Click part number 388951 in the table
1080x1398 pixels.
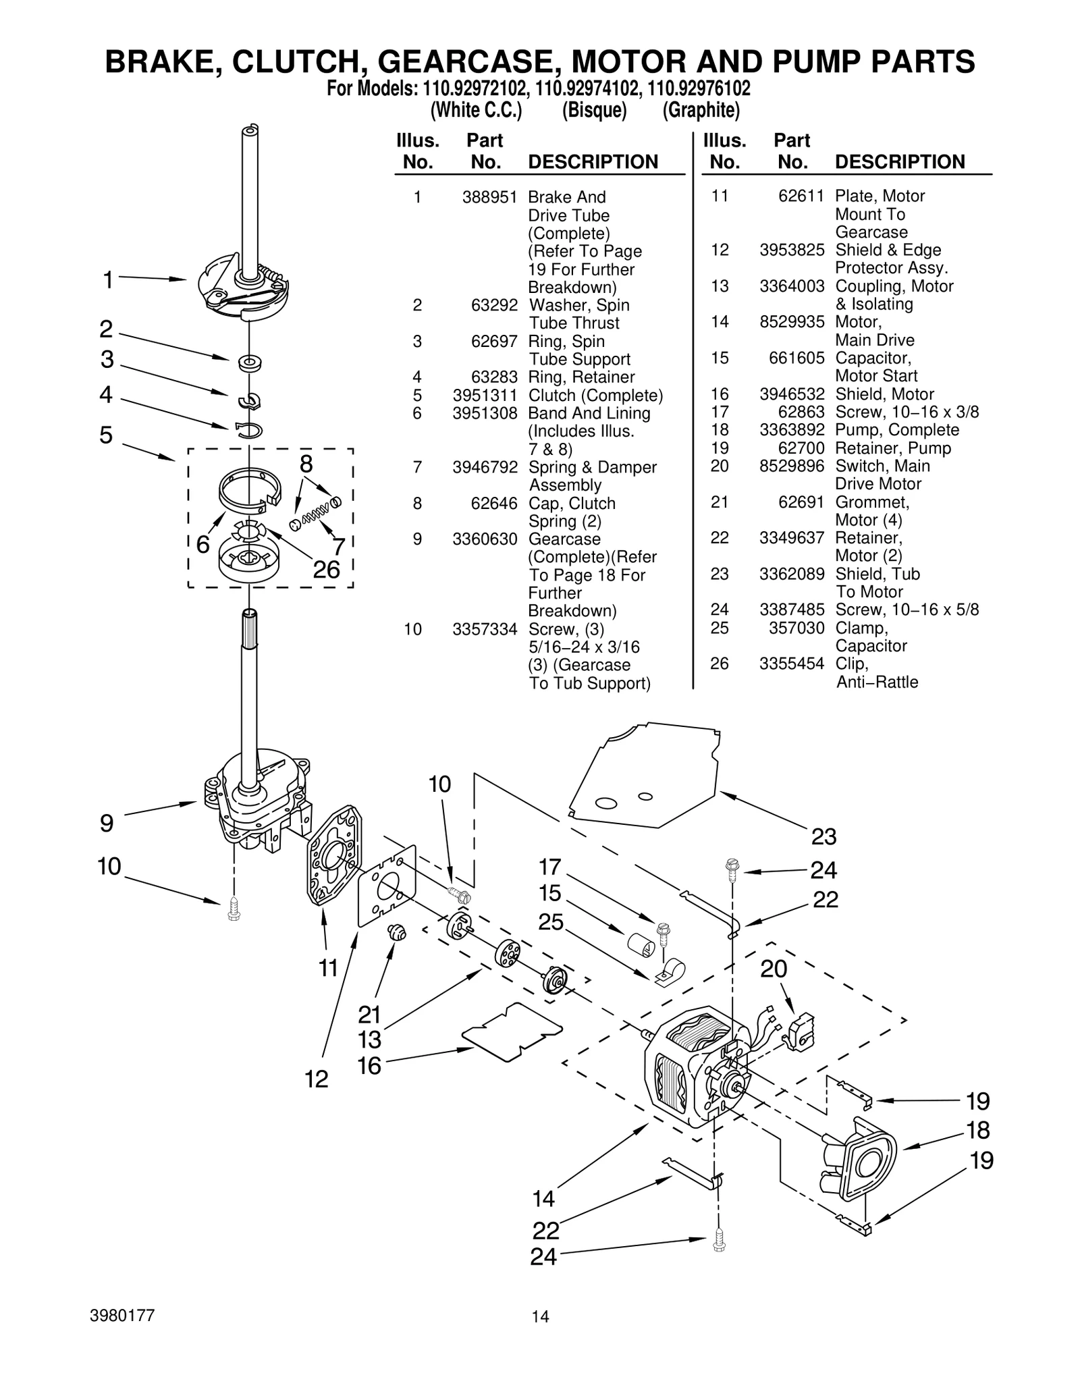[489, 197]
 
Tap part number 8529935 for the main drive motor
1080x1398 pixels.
[792, 322]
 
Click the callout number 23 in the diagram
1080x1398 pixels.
[823, 837]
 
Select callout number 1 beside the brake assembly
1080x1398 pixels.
[108, 279]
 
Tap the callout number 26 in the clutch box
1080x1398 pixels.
[326, 570]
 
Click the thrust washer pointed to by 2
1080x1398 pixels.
[250, 362]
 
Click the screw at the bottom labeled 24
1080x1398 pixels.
[719, 1241]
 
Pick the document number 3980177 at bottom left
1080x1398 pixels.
[122, 1316]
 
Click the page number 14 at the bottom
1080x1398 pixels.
[540, 1316]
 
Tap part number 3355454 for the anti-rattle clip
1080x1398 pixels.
[792, 664]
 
